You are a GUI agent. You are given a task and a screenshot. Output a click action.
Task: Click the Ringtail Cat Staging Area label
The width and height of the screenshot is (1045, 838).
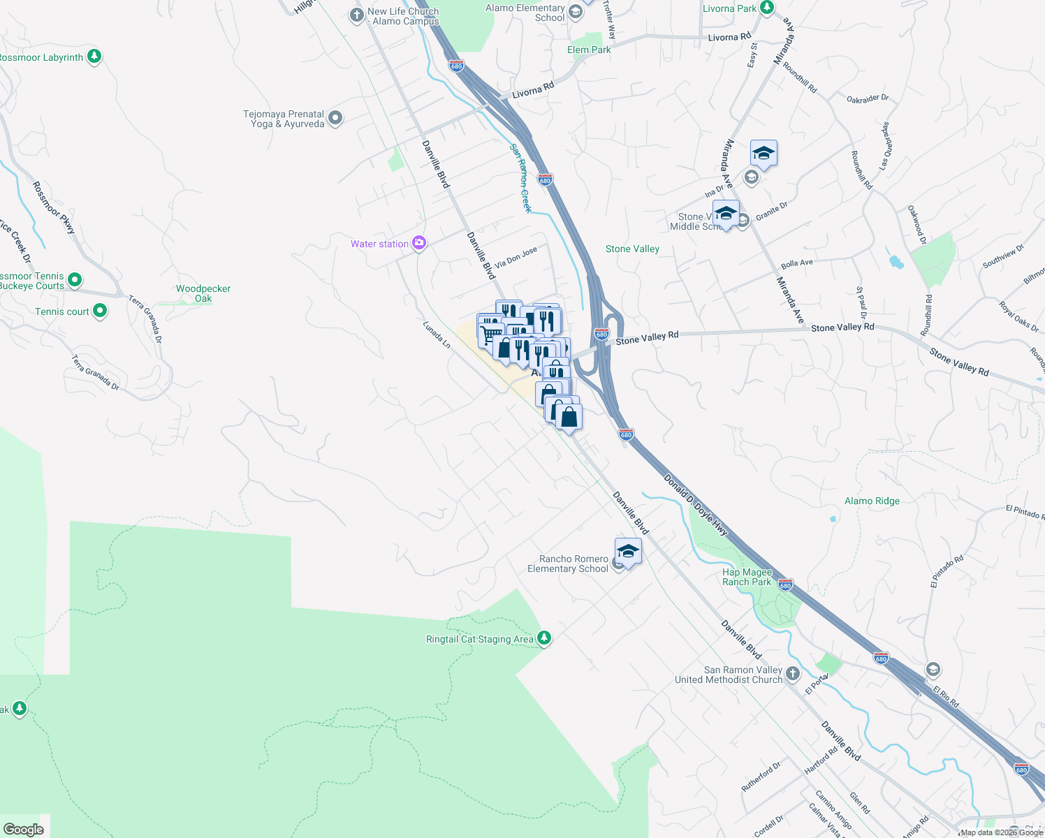pyautogui.click(x=479, y=639)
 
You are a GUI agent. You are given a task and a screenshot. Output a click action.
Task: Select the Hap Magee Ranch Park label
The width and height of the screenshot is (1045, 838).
pyautogui.click(x=747, y=577)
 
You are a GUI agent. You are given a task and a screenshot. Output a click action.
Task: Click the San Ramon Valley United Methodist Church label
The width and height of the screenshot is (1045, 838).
pyautogui.click(x=729, y=675)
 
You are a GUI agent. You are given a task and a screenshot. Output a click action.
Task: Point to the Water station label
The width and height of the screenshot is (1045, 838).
pyautogui.click(x=379, y=244)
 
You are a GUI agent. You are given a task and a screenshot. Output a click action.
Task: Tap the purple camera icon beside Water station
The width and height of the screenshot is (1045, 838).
pyautogui.click(x=419, y=243)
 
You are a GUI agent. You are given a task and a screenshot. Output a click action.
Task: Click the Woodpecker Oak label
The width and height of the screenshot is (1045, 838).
pyautogui.click(x=203, y=293)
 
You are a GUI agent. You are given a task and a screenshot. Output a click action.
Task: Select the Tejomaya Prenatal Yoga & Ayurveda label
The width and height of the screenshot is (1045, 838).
pyautogui.click(x=284, y=119)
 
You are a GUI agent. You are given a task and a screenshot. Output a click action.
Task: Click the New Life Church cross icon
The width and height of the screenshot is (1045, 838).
pyautogui.click(x=357, y=15)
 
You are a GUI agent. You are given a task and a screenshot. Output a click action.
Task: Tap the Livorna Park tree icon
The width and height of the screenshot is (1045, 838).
pyautogui.click(x=767, y=8)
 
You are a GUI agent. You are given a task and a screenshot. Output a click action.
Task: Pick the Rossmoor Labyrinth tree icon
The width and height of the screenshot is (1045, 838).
pyautogui.click(x=94, y=57)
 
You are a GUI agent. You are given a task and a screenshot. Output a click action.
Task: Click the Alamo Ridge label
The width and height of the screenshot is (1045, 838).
pyautogui.click(x=872, y=501)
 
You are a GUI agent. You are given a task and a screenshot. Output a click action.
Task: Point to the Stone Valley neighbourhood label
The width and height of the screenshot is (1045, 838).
pyautogui.click(x=632, y=249)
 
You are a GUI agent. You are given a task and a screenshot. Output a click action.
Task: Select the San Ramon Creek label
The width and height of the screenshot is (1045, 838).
pyautogui.click(x=520, y=177)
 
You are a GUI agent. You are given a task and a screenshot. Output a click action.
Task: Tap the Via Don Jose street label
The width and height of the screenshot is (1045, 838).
pyautogui.click(x=516, y=258)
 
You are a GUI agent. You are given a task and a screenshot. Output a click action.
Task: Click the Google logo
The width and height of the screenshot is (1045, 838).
pyautogui.click(x=23, y=830)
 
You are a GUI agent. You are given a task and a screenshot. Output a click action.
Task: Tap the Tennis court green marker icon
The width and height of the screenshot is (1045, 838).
pyautogui.click(x=100, y=311)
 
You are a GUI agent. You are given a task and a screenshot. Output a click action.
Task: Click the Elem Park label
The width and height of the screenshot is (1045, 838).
pyautogui.click(x=589, y=50)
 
